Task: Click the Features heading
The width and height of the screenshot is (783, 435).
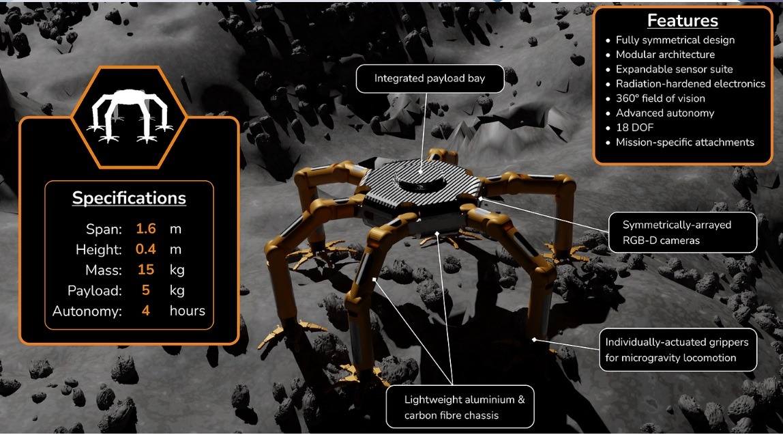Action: [682, 20]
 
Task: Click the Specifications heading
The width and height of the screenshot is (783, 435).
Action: [129, 198]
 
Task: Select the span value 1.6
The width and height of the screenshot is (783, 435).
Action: [146, 229]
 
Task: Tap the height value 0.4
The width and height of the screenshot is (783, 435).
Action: [146, 249]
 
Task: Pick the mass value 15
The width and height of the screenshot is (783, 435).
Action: [146, 270]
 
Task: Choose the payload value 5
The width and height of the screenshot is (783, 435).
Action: [146, 290]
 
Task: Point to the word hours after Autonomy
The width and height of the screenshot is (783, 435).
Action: [188, 311]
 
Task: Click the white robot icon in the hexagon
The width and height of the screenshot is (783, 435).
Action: [130, 115]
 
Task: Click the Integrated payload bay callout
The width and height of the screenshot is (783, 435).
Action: [430, 79]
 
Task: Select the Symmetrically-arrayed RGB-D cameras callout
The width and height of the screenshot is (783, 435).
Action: [683, 232]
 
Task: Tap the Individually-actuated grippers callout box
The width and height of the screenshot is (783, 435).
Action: [678, 350]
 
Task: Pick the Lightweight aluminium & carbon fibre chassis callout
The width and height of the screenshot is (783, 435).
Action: [460, 407]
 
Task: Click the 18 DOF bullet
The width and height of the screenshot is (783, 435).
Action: [634, 128]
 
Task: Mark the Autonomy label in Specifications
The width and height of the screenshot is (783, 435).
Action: [87, 311]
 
